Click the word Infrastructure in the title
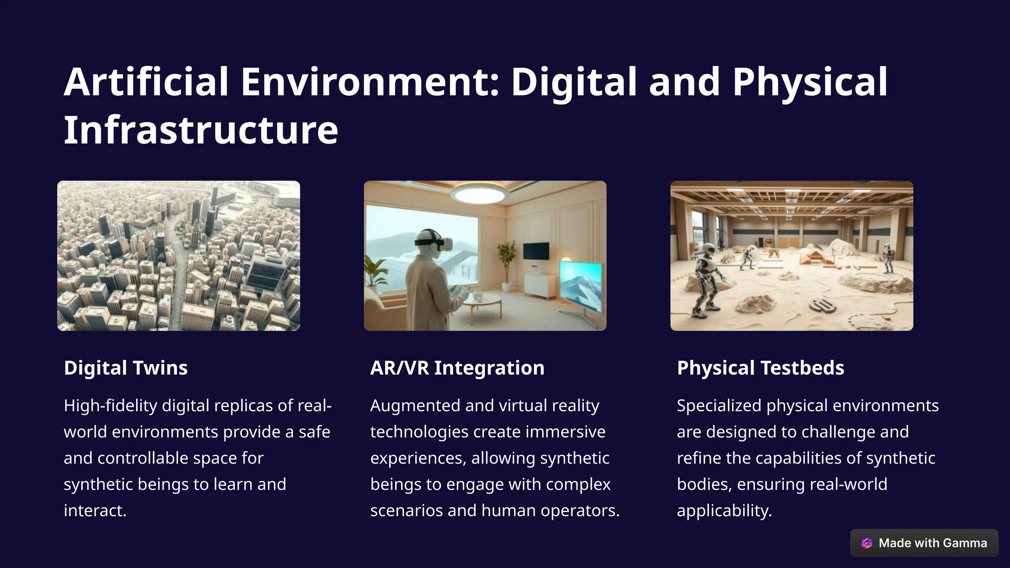coord(201,130)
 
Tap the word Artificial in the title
coord(146,82)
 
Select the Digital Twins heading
coord(126,368)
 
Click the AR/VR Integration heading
coord(457,368)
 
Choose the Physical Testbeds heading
coord(760,368)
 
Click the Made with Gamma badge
coord(924,543)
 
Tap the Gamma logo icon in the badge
coord(866,543)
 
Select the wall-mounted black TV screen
coord(536,251)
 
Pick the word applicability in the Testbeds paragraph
coord(723,511)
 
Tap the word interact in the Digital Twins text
coord(94,511)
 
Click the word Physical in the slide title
coord(810,82)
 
